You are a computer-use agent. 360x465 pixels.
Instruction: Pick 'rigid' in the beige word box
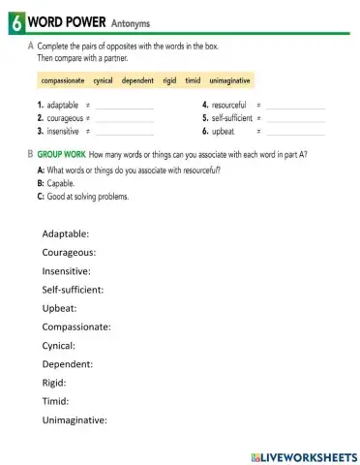168,80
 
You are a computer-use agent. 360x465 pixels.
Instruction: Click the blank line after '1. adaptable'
125,106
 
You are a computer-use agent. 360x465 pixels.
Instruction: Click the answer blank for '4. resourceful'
296,105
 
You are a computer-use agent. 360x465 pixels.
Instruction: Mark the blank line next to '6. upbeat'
296,130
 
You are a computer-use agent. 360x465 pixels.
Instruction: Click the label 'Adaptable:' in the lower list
66,233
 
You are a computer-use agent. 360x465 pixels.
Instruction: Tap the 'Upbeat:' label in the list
60,308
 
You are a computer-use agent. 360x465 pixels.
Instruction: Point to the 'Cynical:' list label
59,345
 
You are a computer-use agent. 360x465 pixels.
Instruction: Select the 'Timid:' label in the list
56,400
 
